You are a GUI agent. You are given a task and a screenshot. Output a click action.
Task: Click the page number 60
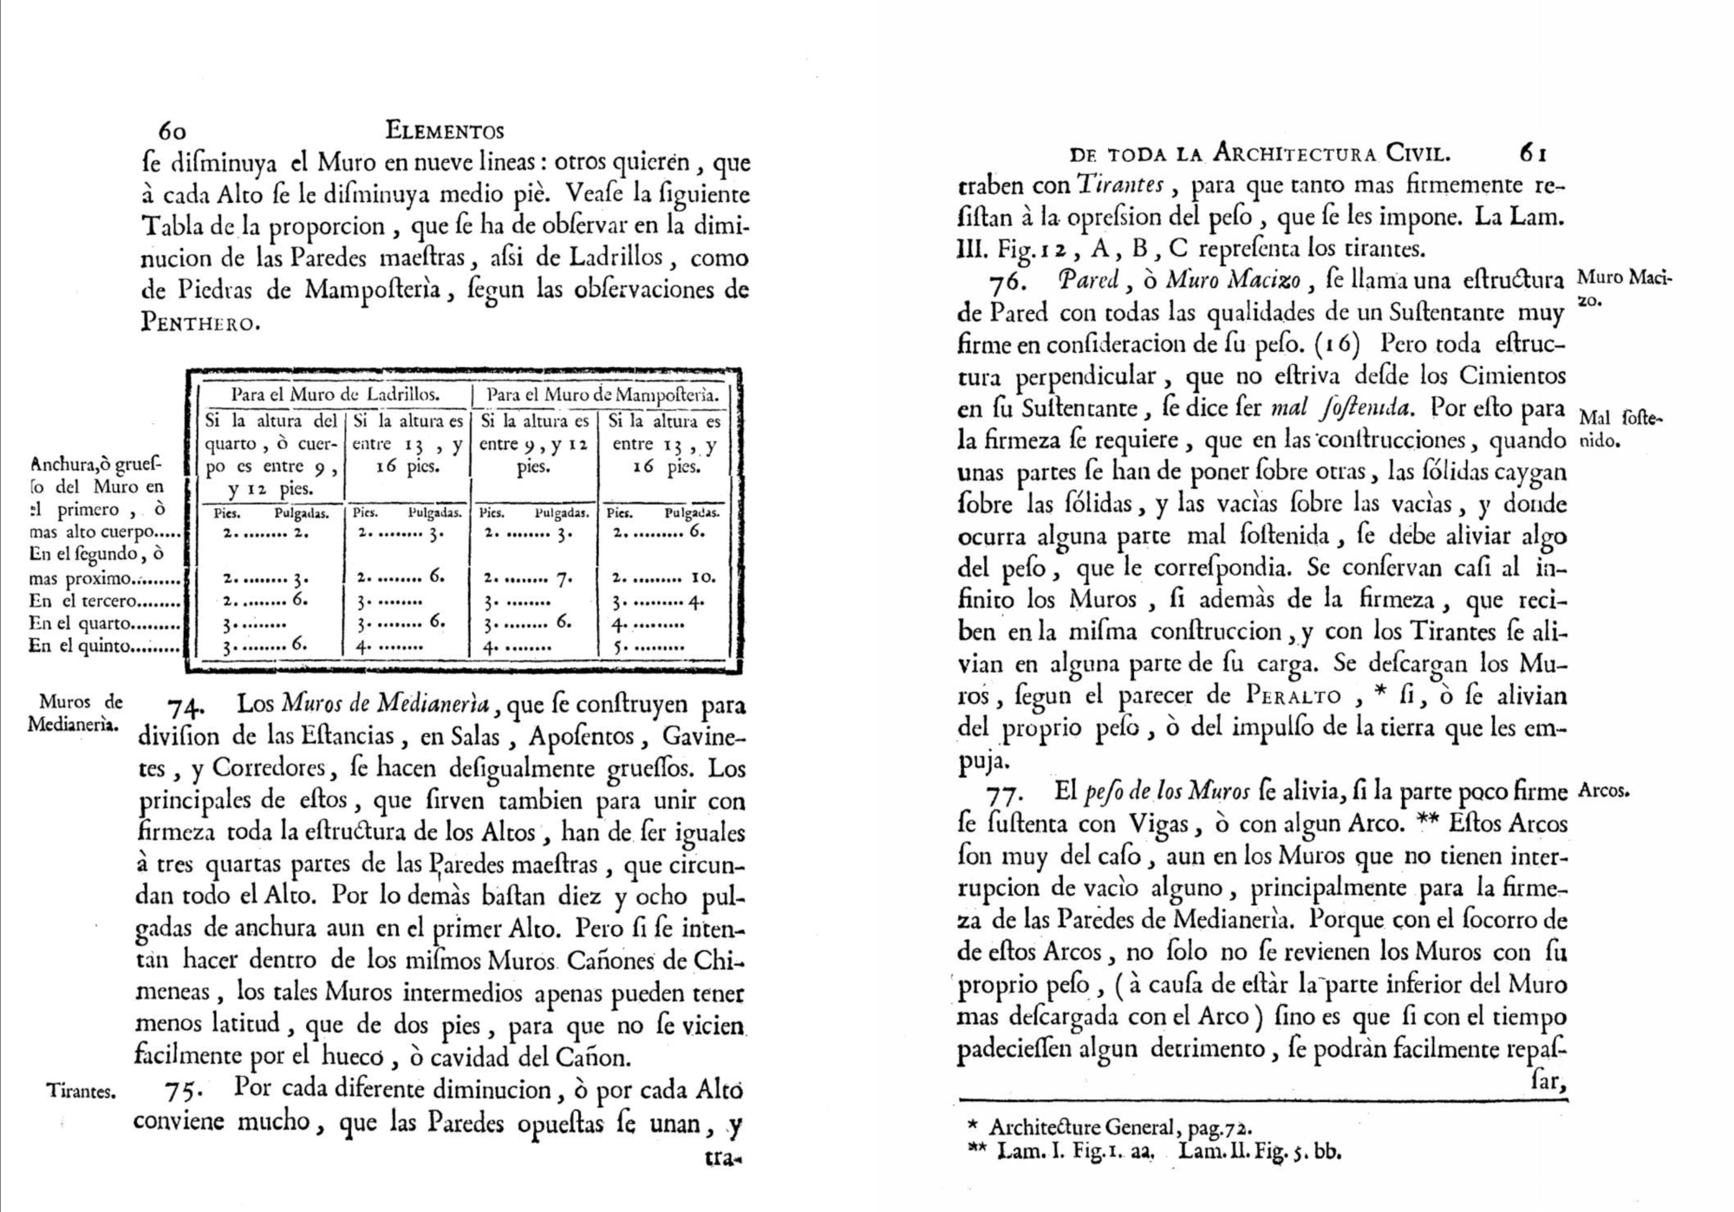click(x=172, y=131)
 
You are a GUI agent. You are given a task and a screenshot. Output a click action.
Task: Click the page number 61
click(x=1532, y=153)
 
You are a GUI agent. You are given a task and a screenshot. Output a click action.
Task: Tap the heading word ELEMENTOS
click(x=445, y=131)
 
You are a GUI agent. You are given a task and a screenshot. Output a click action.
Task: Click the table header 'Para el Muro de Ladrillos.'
click(x=336, y=394)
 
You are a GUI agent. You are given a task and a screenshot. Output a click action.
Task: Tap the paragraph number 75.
click(x=182, y=1090)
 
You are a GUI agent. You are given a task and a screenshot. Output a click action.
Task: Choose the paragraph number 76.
click(x=1007, y=282)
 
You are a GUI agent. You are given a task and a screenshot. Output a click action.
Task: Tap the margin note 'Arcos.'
click(x=1604, y=791)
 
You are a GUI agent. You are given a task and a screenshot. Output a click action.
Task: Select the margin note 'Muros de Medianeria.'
click(x=75, y=713)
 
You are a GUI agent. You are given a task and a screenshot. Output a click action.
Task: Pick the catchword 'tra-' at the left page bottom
click(x=727, y=1157)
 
